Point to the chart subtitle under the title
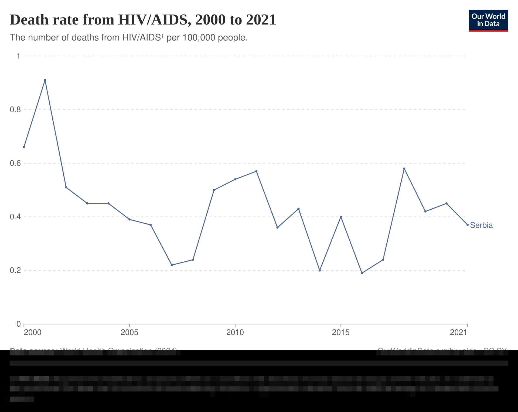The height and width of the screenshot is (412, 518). pyautogui.click(x=128, y=37)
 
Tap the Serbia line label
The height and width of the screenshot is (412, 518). pyautogui.click(x=482, y=225)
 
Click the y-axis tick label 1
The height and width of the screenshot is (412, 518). pyautogui.click(x=18, y=56)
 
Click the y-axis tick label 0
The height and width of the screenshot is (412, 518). pyautogui.click(x=18, y=323)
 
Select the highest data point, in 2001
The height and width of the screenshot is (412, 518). pyautogui.click(x=45, y=80)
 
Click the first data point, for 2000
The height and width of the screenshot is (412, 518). pyautogui.click(x=24, y=147)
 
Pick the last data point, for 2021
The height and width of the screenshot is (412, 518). pyautogui.click(x=468, y=224)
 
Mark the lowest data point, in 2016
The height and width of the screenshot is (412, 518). pyautogui.click(x=362, y=273)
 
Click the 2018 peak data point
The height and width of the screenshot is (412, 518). pyautogui.click(x=404, y=168)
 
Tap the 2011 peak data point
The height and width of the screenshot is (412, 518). pyautogui.click(x=257, y=171)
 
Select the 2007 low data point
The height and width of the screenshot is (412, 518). pyautogui.click(x=172, y=265)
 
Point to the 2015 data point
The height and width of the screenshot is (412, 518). pyautogui.click(x=341, y=217)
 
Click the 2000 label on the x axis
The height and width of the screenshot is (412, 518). pyautogui.click(x=33, y=332)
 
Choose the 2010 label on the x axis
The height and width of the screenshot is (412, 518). pyautogui.click(x=235, y=332)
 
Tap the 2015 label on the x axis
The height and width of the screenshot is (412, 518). pyautogui.click(x=340, y=332)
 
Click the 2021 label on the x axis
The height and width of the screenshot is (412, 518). pyautogui.click(x=458, y=332)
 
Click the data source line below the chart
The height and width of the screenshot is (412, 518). pyautogui.click(x=93, y=351)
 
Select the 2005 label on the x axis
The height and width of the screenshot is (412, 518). pyautogui.click(x=129, y=332)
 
